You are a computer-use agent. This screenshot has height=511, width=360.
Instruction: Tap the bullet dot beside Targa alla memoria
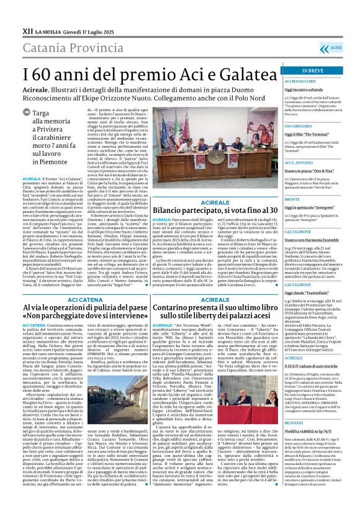[x=27, y=113]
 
